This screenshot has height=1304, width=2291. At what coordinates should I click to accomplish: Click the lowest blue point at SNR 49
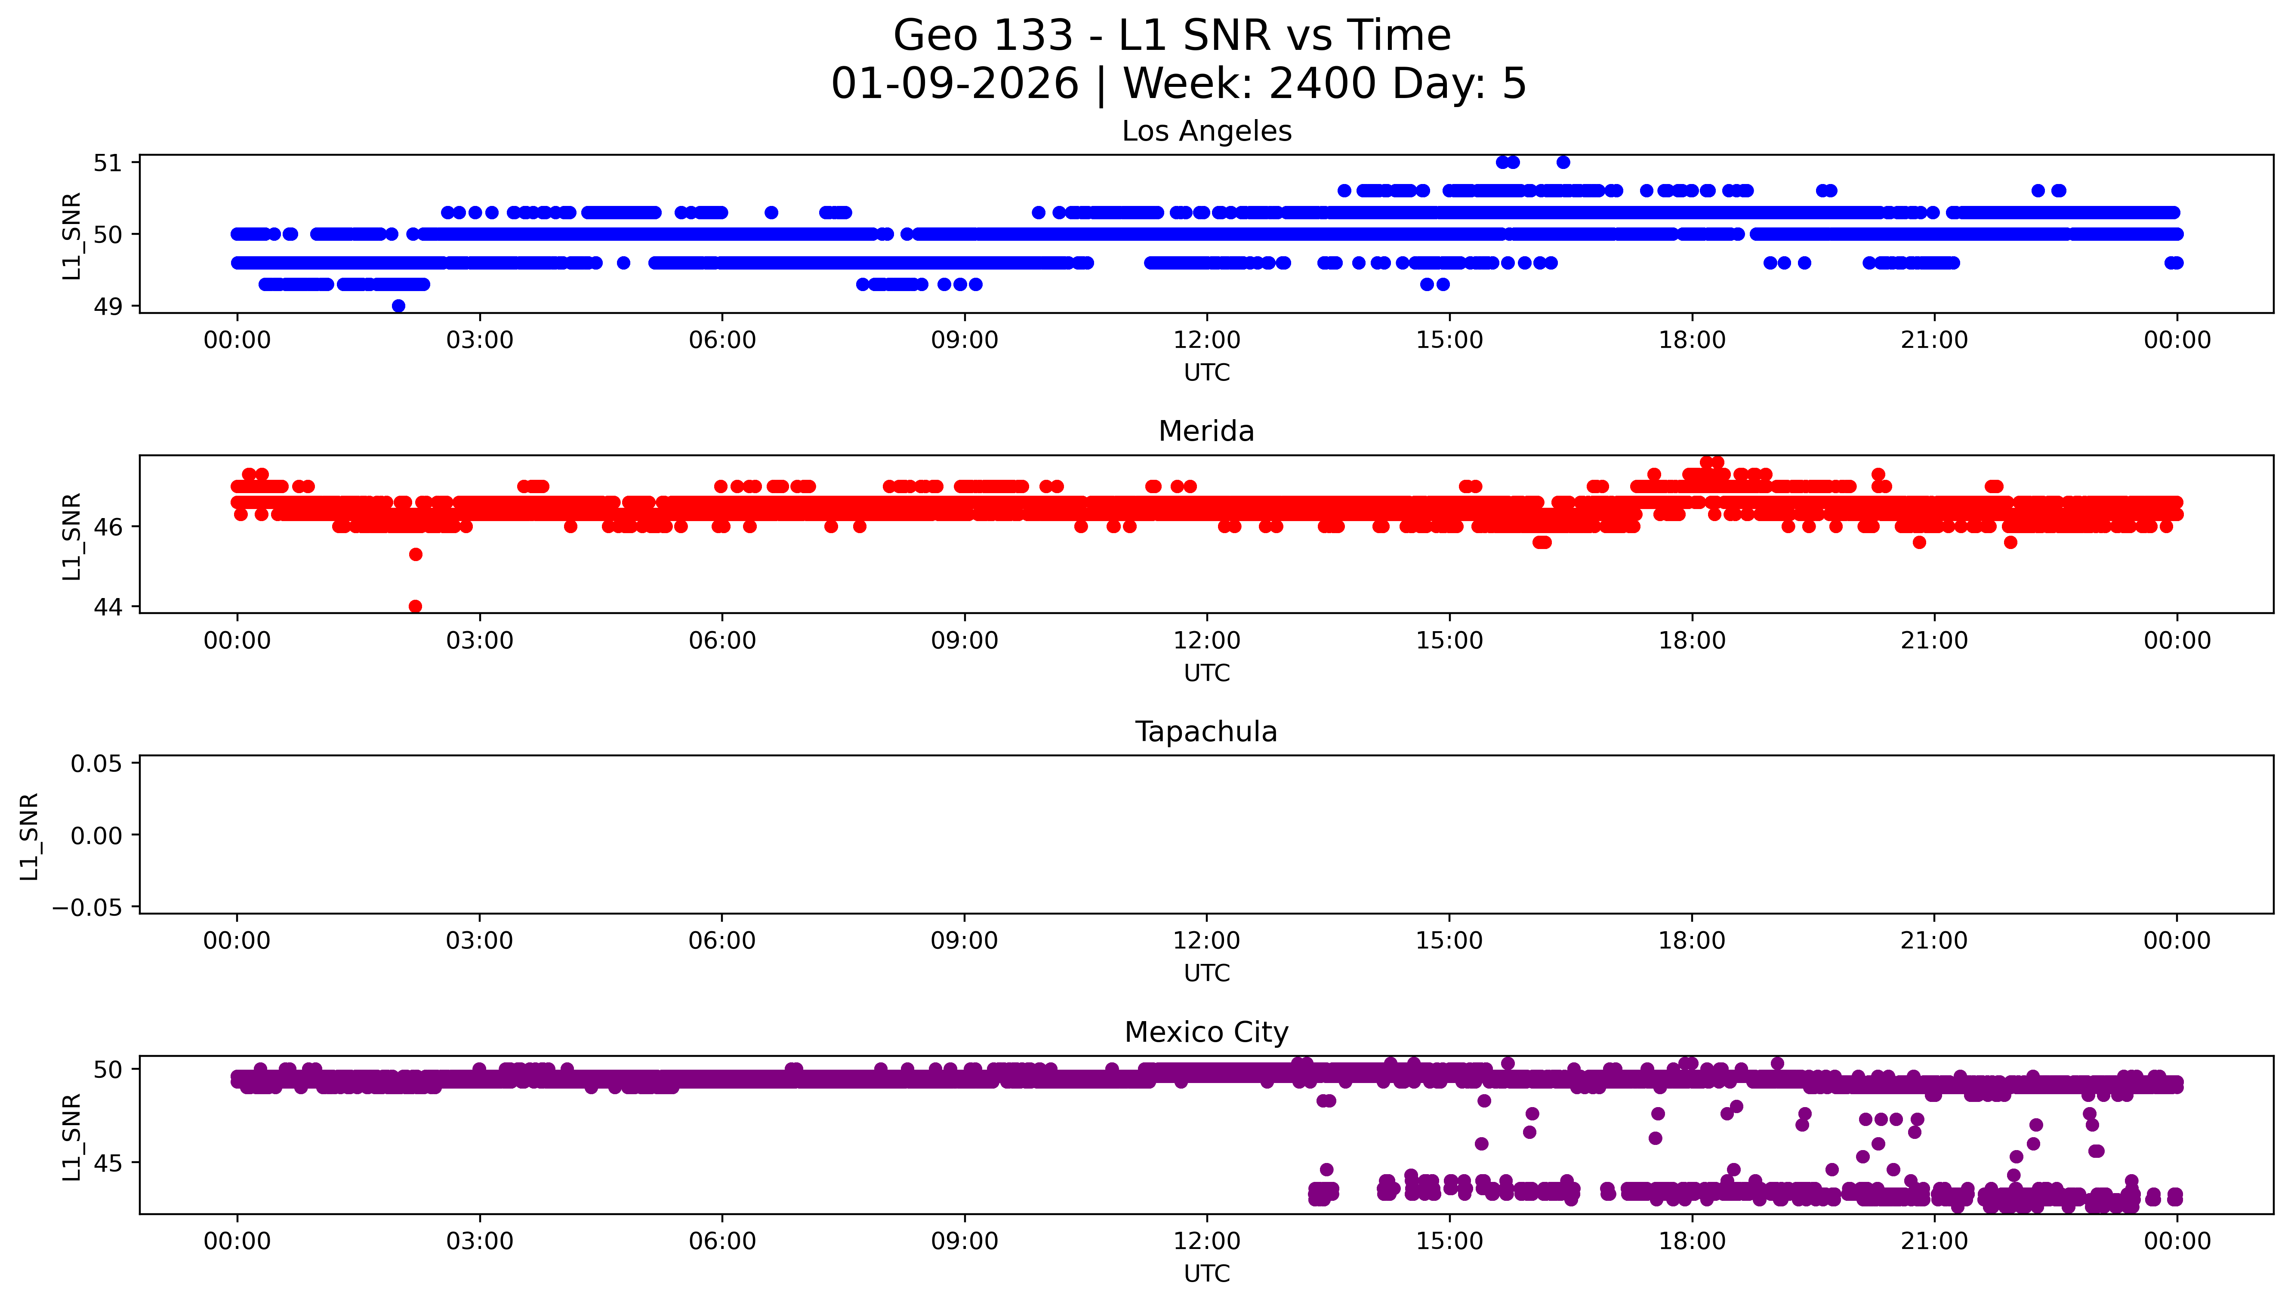pyautogui.click(x=399, y=306)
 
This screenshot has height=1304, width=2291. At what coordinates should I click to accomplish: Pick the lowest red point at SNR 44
pyautogui.click(x=415, y=606)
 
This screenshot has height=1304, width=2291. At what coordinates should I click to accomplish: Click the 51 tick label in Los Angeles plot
pyautogui.click(x=108, y=163)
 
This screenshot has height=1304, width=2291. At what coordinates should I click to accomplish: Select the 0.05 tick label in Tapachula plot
pyautogui.click(x=97, y=764)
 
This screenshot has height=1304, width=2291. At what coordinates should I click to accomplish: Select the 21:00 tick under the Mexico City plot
pyautogui.click(x=1934, y=1241)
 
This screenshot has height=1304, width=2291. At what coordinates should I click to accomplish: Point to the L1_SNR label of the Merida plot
pyautogui.click(x=72, y=536)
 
